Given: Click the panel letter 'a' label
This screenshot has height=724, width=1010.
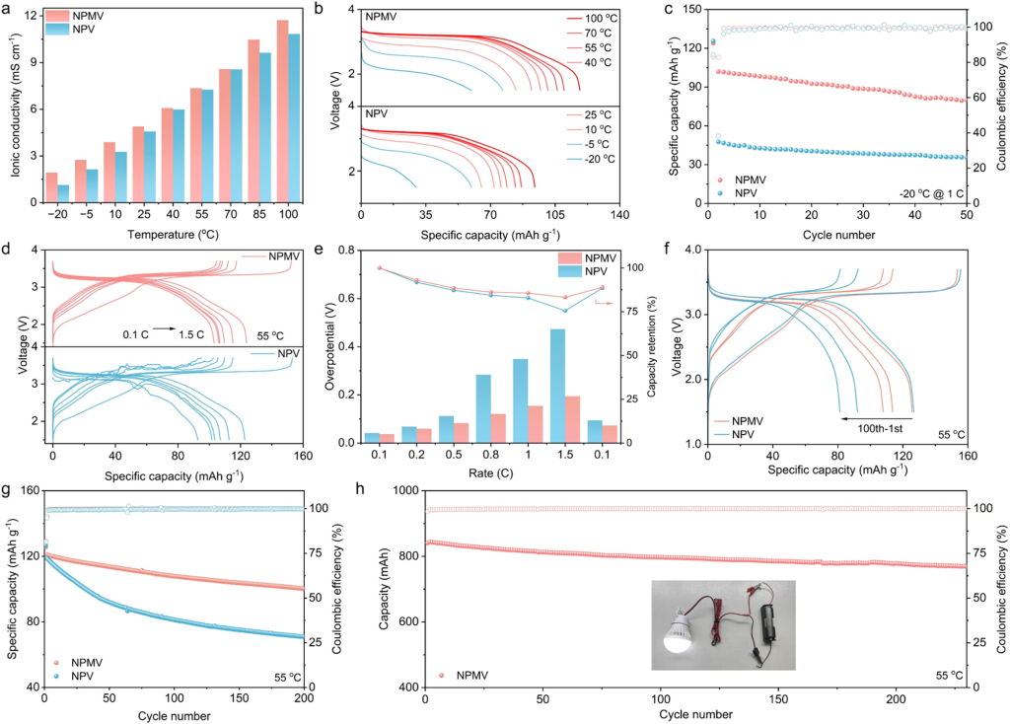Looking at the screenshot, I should coord(9,10).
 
